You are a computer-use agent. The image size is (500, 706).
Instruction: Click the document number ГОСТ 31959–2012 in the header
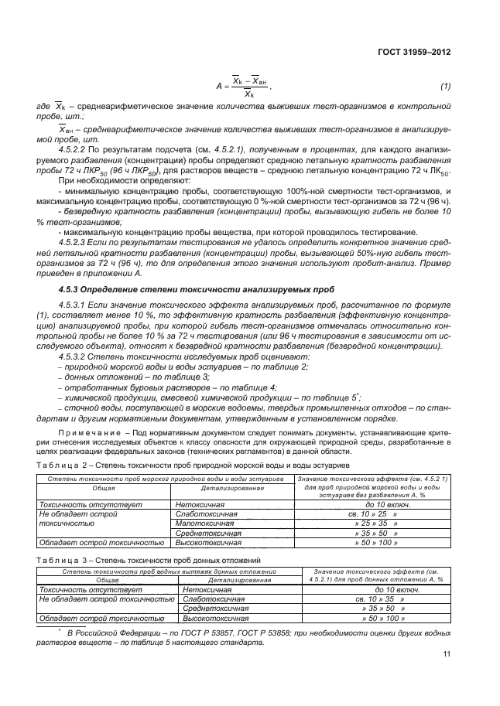pyautogui.click(x=414, y=52)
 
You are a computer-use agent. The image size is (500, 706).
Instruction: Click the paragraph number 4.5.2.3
pyautogui.click(x=75, y=242)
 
